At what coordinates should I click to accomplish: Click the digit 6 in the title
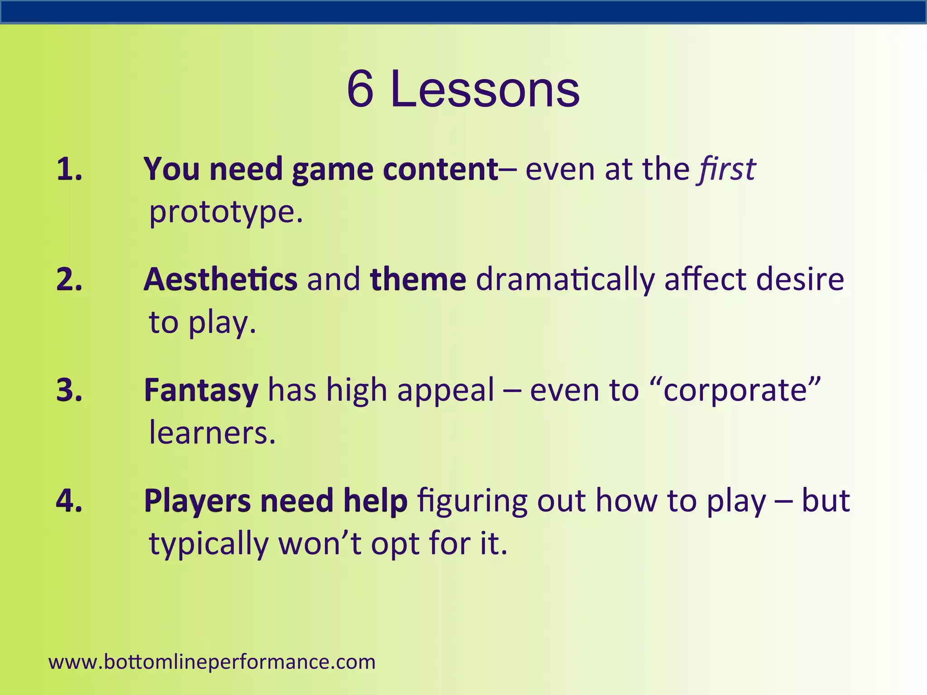(360, 90)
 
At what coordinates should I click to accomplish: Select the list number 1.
(69, 169)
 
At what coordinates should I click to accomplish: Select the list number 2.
(69, 279)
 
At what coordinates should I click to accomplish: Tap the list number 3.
(69, 390)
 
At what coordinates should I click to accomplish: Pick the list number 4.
(69, 500)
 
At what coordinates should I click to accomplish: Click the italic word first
(727, 169)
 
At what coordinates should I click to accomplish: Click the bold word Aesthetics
(220, 279)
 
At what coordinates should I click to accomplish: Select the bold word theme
(418, 279)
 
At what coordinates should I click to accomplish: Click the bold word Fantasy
(201, 390)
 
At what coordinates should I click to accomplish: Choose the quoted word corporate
(735, 390)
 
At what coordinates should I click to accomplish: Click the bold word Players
(197, 501)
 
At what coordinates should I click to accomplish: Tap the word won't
(320, 543)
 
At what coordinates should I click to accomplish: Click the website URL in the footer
(212, 662)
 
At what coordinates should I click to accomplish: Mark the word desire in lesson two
(800, 279)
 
